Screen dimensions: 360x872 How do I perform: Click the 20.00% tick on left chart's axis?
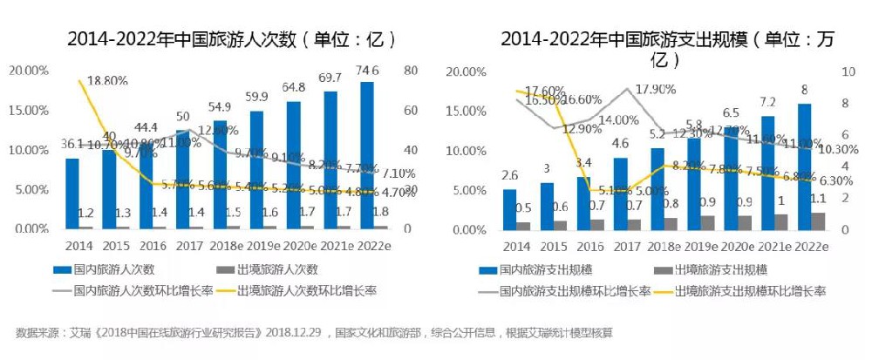pyautogui.click(x=29, y=70)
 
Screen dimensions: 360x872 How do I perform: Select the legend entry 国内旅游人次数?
pyautogui.click(x=104, y=270)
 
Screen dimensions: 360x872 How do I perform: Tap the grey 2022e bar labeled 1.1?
pyautogui.click(x=818, y=221)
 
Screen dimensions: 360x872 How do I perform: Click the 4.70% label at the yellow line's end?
pyautogui.click(x=398, y=194)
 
